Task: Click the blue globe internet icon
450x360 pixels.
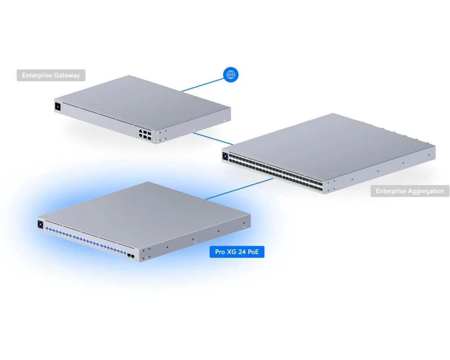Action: [231, 75]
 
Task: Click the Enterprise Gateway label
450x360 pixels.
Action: [51, 75]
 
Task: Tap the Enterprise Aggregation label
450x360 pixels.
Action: [410, 191]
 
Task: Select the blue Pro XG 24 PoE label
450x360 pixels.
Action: [237, 252]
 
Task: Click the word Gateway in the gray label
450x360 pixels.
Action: [66, 76]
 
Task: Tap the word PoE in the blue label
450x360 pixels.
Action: [253, 252]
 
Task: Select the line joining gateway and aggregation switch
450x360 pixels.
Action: [213, 139]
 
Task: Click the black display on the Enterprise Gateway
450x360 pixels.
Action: [58, 107]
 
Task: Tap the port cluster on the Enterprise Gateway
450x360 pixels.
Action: [145, 135]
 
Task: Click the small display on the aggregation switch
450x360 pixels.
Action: [225, 157]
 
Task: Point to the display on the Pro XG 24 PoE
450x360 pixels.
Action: [40, 225]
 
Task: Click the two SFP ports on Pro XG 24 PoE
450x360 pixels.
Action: [131, 255]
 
